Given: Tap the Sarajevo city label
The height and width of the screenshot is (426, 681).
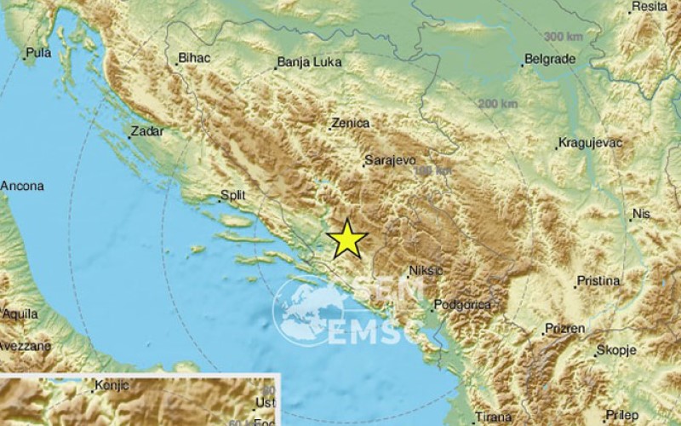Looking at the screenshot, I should tap(389, 159).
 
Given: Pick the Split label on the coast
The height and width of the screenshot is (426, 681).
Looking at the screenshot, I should tap(232, 195).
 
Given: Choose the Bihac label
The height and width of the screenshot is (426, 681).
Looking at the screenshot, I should tap(193, 58).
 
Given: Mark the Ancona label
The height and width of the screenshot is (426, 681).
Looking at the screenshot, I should tap(22, 185).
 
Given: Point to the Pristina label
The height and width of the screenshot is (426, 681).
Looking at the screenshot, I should tap(599, 280).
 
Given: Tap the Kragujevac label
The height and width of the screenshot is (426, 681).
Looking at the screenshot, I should tap(590, 142).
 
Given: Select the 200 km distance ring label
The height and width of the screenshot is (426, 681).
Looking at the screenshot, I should tap(497, 103).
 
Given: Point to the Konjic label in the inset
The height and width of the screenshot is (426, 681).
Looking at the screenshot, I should tap(111, 385).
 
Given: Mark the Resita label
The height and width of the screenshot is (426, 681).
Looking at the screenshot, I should tap(650, 8).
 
